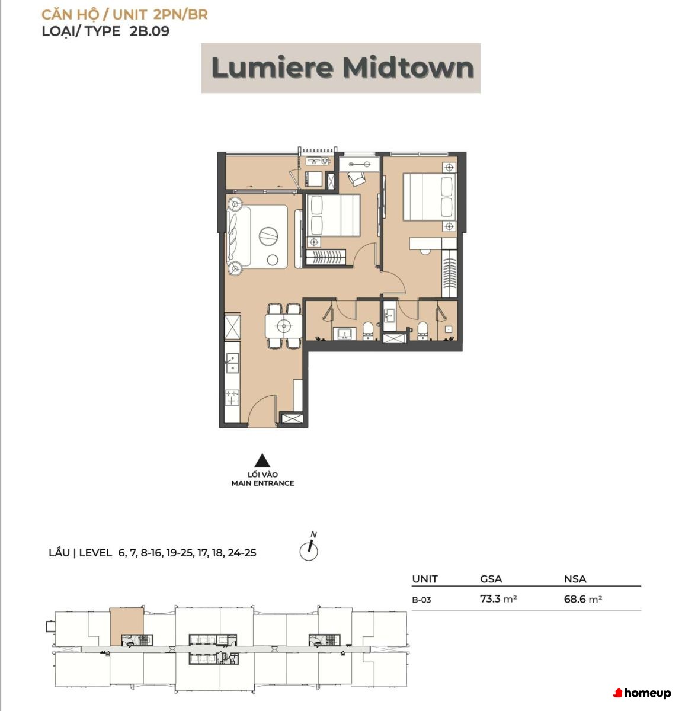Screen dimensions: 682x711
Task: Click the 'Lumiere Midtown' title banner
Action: (x=341, y=68)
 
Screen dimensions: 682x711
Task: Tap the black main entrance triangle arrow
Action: (x=262, y=461)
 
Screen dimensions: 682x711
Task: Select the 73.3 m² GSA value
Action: (x=498, y=599)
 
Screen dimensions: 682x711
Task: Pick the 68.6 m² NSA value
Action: (x=582, y=599)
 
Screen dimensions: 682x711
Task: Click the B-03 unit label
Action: (x=421, y=600)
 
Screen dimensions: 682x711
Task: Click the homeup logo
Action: (x=642, y=693)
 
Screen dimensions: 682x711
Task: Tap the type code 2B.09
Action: (x=149, y=31)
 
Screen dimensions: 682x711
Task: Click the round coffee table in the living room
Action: (x=268, y=236)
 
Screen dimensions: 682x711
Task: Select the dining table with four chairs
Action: (x=283, y=325)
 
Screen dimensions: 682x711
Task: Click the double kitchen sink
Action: (x=232, y=362)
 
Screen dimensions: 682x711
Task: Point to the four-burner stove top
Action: (x=232, y=398)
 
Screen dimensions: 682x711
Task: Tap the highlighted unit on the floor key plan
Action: (x=127, y=627)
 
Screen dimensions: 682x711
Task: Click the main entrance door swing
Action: (x=261, y=410)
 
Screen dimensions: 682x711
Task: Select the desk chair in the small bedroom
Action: (x=356, y=179)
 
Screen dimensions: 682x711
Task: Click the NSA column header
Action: (x=575, y=579)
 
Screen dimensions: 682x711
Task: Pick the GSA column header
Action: (x=491, y=579)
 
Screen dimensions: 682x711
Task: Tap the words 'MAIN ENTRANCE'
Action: (x=262, y=483)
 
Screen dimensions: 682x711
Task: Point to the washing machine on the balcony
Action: (x=313, y=179)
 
